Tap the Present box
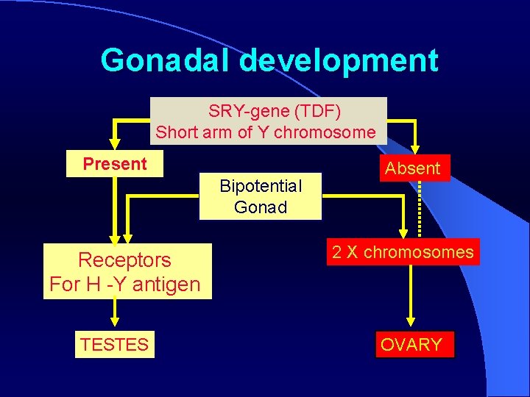(115, 164)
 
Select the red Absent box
(412, 168)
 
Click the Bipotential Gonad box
(261, 196)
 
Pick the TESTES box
(115, 344)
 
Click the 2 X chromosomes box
(403, 252)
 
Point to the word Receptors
(124, 260)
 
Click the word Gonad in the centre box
(261, 207)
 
